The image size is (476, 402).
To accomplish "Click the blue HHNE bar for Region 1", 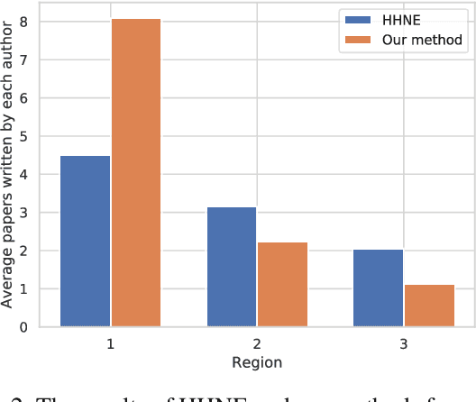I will click(x=86, y=241).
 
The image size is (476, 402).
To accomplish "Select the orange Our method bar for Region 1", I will click(x=136, y=172).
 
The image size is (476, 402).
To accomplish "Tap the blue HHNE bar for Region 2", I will click(x=232, y=267).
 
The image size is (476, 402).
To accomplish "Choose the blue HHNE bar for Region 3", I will click(x=378, y=288).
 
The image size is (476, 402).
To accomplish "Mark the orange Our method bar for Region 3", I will click(x=429, y=306).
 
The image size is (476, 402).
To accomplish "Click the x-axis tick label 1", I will click(x=111, y=344).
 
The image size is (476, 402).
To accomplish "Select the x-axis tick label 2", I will click(x=257, y=344).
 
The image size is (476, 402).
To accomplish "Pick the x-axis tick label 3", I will click(x=403, y=344).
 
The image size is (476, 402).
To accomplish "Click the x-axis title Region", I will click(x=257, y=362).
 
